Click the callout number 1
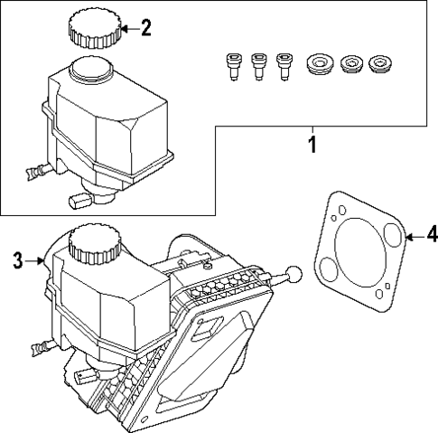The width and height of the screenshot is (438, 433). pos(312,145)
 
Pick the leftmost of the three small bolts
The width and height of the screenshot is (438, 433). pos(233,66)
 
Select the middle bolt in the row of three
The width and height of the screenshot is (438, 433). pos(260,66)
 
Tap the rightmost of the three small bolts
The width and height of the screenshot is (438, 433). pos(286,66)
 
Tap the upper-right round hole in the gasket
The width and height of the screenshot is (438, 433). pos(391,237)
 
